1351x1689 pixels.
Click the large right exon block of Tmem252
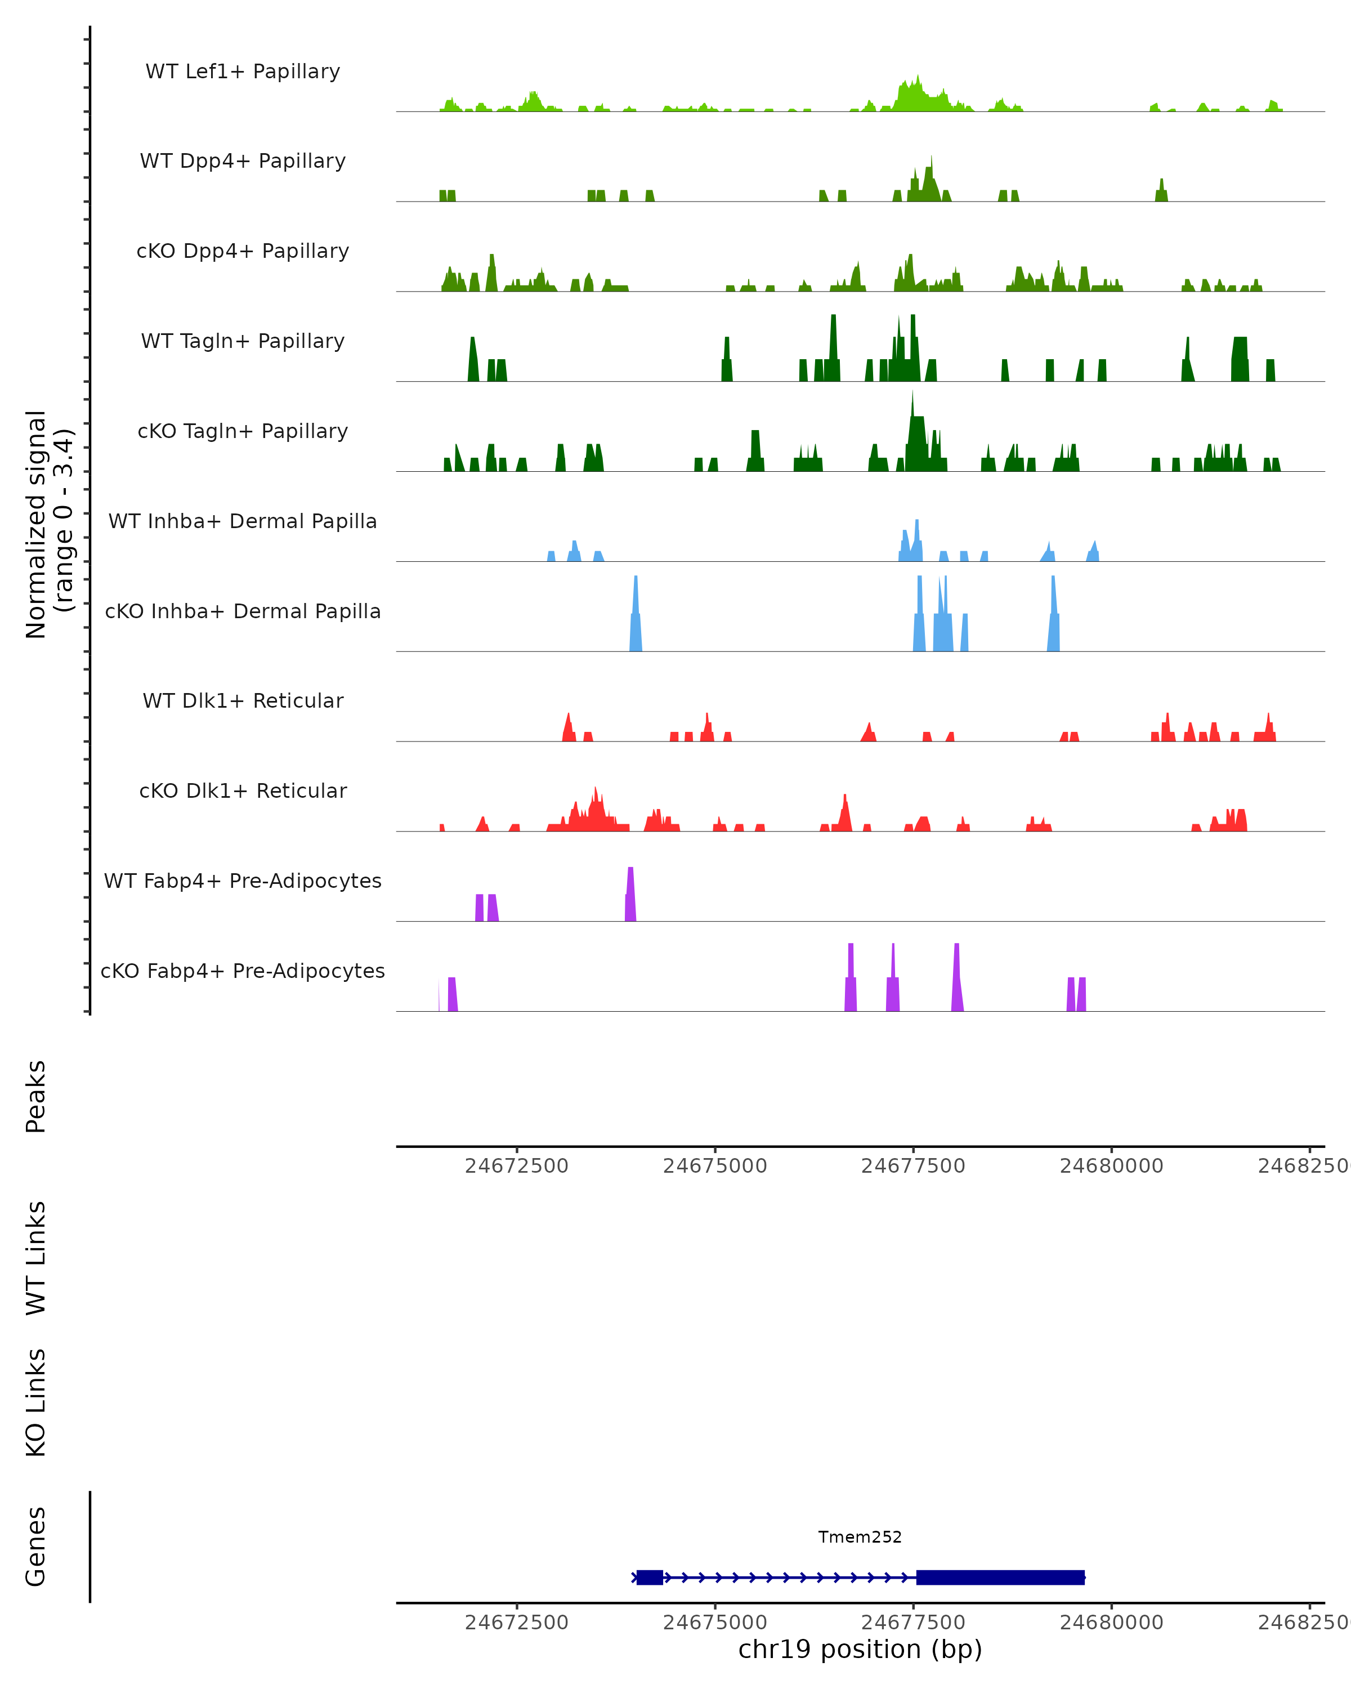(1000, 1577)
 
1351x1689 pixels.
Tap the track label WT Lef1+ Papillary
(243, 72)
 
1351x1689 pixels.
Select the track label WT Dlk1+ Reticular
(243, 700)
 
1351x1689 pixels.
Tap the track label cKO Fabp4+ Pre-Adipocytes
(243, 971)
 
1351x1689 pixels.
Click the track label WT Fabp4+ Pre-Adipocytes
(243, 881)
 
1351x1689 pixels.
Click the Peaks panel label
(36, 1096)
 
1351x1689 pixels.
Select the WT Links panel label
(36, 1257)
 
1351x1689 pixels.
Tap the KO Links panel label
(36, 1402)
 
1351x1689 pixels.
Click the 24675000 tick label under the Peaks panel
(714, 1166)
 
